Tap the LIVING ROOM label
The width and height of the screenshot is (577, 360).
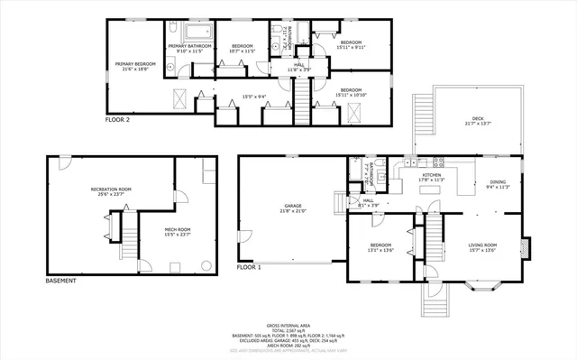(x=482, y=245)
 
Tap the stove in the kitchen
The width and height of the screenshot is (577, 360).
(x=439, y=162)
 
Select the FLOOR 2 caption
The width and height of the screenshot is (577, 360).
(x=118, y=119)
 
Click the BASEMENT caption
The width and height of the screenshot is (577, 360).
(x=60, y=281)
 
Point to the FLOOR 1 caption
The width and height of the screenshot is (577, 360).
(x=249, y=267)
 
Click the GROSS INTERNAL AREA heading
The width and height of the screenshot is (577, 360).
(x=288, y=325)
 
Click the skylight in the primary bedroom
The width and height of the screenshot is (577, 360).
(x=179, y=97)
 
